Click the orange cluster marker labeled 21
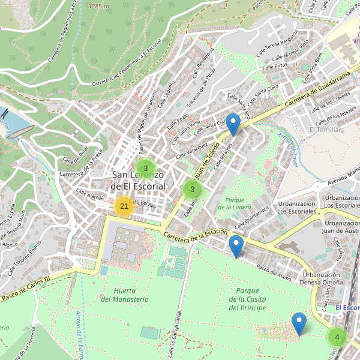(124, 206)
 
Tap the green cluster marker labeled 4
(337, 337)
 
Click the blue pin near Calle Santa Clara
(233, 124)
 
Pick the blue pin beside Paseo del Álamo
(236, 246)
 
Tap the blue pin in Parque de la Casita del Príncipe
(299, 323)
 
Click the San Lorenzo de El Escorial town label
(139, 181)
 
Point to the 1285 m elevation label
(98, 5)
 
